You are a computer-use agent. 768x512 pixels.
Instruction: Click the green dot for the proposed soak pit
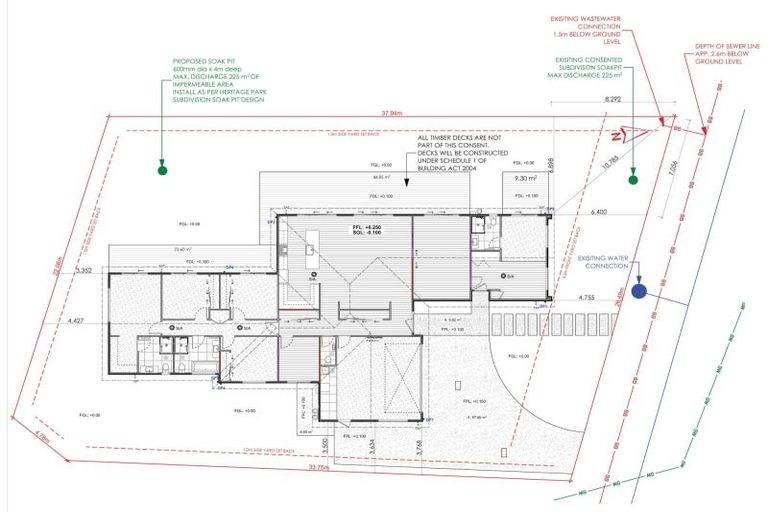point(161,170)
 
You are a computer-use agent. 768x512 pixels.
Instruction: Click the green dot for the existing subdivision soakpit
point(632,180)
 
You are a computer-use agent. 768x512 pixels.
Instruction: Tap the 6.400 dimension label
point(600,212)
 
